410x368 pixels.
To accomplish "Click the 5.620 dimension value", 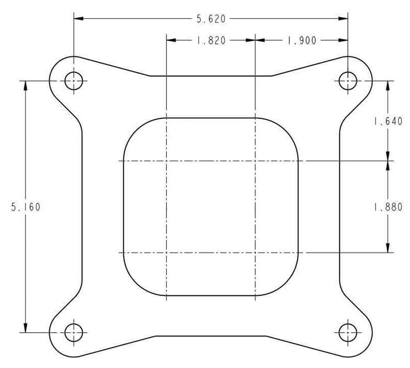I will coord(211,19).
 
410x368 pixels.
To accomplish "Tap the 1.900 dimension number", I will coord(302,40).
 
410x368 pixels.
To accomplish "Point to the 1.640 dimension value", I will coord(388,121).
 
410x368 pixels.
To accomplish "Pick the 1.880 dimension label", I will coord(388,207).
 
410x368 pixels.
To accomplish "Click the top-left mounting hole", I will coord(74,81).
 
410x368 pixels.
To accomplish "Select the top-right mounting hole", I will coord(348,81).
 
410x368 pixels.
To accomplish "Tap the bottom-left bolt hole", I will coord(74,332).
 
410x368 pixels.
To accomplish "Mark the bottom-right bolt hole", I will coord(348,332).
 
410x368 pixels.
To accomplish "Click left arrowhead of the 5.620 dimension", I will coord(78,19).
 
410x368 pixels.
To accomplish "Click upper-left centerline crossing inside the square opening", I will coord(167,161).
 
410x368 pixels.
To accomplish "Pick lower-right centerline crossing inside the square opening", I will coord(255,252).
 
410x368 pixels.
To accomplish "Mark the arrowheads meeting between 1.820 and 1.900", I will coord(255,40).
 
